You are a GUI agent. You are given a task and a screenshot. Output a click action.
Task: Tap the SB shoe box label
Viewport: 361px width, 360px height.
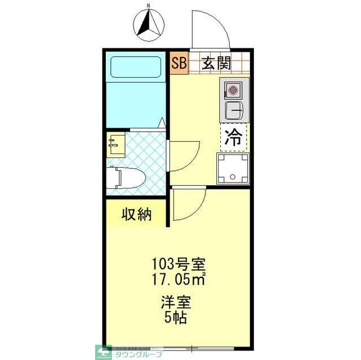pos(179,63)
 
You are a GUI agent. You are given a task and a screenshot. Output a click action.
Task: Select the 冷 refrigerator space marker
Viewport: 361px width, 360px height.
pos(233,138)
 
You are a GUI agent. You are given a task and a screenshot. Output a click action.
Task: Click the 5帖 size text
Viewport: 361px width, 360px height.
pos(177,317)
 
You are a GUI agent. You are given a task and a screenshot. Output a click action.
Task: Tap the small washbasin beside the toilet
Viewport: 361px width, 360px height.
pos(117,144)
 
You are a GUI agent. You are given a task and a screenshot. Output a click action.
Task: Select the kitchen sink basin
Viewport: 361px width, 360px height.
pos(233,109)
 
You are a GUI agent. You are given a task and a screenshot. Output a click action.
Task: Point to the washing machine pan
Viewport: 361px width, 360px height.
pos(233,168)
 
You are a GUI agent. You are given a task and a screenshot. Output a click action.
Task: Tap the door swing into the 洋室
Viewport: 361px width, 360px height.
pos(190,205)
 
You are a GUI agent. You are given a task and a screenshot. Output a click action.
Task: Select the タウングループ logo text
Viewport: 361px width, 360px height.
pos(139,354)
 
